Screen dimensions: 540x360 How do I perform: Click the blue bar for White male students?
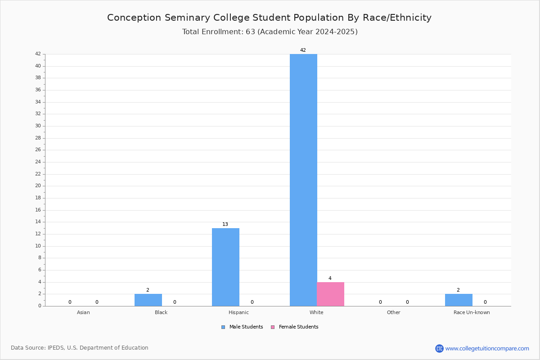coord(303,180)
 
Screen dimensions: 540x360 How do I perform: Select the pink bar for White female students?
coord(330,294)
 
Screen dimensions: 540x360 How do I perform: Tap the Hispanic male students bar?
coord(225,267)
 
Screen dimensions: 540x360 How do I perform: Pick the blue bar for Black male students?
coord(148,300)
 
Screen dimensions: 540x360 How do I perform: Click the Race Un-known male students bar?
coord(459,300)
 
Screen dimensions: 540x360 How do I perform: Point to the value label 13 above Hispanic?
coord(225,224)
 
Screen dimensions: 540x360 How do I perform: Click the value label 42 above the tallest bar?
coord(303,50)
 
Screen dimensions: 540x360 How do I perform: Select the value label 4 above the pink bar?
coord(330,278)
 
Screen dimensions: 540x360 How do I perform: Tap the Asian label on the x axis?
coord(83,312)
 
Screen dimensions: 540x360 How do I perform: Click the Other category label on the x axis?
coord(394,312)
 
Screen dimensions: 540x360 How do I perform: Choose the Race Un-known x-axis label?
coord(472,312)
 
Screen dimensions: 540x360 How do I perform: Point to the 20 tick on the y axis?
coord(38,186)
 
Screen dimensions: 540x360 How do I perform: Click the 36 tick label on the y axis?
coord(38,90)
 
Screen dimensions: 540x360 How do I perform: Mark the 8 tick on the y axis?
coord(40,257)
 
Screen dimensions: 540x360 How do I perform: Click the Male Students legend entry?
coord(242,327)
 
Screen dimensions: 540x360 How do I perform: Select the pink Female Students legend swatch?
coord(273,327)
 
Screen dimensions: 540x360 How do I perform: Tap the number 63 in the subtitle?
coord(251,31)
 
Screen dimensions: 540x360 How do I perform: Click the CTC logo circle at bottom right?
coord(439,348)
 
